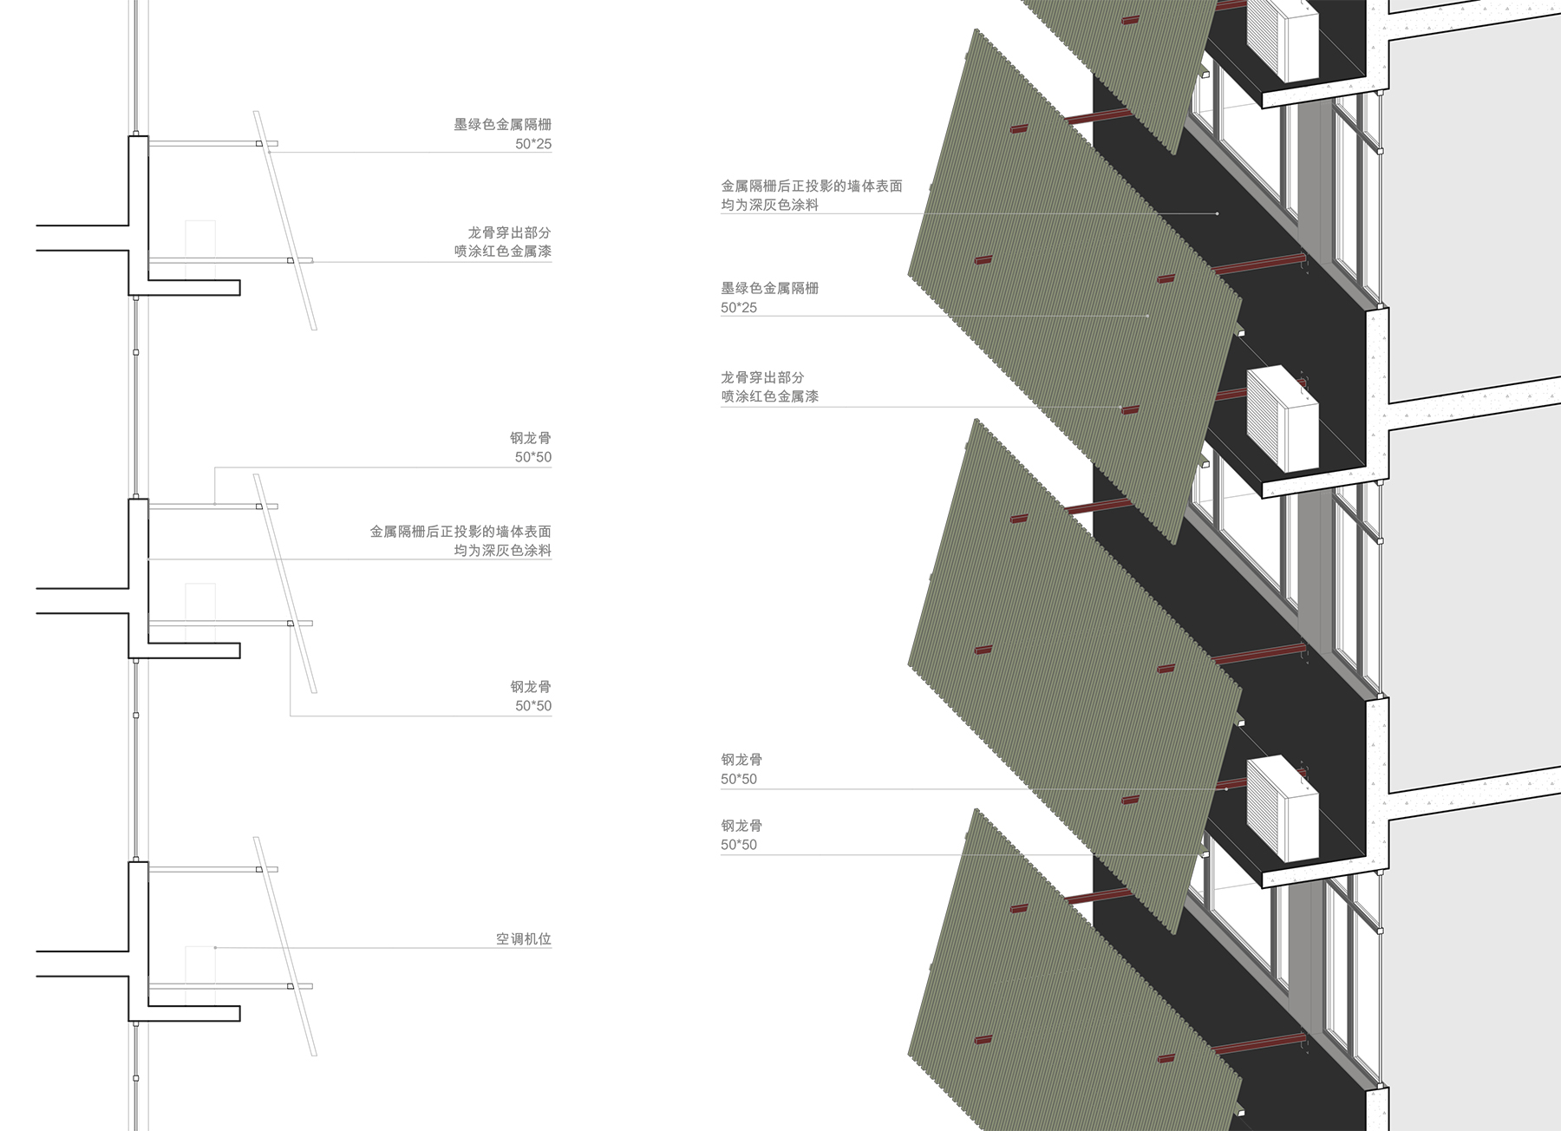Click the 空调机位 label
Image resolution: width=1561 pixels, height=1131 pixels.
pos(523,938)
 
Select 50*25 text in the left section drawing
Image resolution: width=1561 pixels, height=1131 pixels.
pos(533,144)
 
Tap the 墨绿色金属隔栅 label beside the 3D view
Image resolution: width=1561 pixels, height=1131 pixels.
pos(769,288)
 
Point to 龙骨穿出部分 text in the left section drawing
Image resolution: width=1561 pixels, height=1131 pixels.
pos(509,232)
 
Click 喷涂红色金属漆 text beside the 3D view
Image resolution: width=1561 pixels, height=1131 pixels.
pos(769,396)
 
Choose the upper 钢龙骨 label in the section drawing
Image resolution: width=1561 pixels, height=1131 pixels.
pos(531,438)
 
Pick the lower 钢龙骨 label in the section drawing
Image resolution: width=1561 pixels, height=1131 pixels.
pos(531,687)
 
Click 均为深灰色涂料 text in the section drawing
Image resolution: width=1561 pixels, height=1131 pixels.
pos(503,551)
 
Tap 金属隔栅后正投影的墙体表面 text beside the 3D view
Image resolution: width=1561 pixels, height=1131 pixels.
pos(812,186)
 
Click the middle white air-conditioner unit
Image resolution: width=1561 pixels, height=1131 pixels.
pos(1283,418)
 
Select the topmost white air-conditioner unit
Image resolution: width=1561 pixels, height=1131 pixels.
pos(1283,39)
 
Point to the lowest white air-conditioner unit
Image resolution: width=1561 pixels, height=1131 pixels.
pos(1283,808)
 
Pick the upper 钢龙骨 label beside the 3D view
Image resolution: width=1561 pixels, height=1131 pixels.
pos(741,760)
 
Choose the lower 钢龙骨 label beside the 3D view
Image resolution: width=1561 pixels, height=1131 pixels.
pos(741,826)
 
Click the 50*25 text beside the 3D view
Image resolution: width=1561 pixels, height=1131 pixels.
pos(739,308)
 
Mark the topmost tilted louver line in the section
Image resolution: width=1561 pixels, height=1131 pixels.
pos(285,220)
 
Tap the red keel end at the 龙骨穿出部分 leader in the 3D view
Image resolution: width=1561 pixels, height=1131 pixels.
pos(1129,409)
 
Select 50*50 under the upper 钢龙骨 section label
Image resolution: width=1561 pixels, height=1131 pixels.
pos(533,457)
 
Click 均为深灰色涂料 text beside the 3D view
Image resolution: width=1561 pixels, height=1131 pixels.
pos(769,205)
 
